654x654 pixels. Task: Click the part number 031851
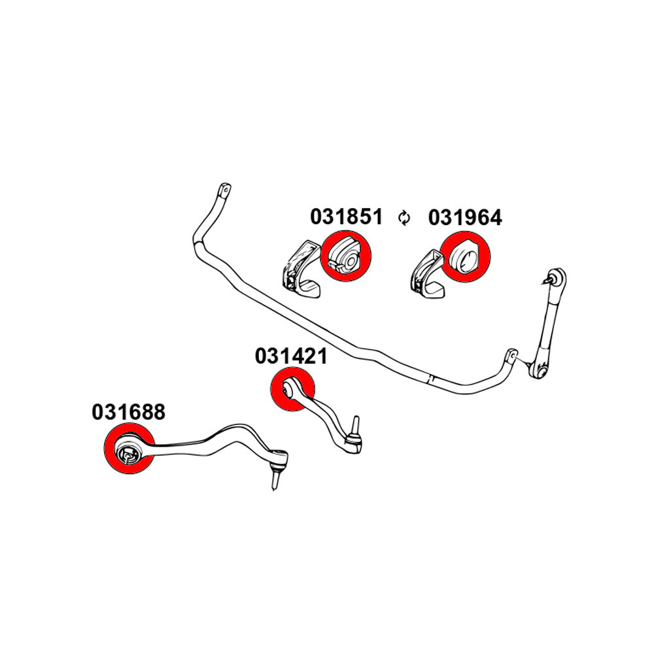pos(346,216)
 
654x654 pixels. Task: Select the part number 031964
pos(465,217)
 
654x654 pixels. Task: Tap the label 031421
pos(291,356)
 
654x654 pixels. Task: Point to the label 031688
pos(129,412)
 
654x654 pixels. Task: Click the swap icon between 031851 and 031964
pos(405,218)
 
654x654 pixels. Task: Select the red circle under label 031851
pos(346,257)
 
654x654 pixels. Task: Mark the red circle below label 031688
pos(129,451)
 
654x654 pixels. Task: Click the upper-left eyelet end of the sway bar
pos(224,191)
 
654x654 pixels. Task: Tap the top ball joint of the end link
pos(557,277)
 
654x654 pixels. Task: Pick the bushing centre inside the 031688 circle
pos(128,453)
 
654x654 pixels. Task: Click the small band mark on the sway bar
pos(429,377)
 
